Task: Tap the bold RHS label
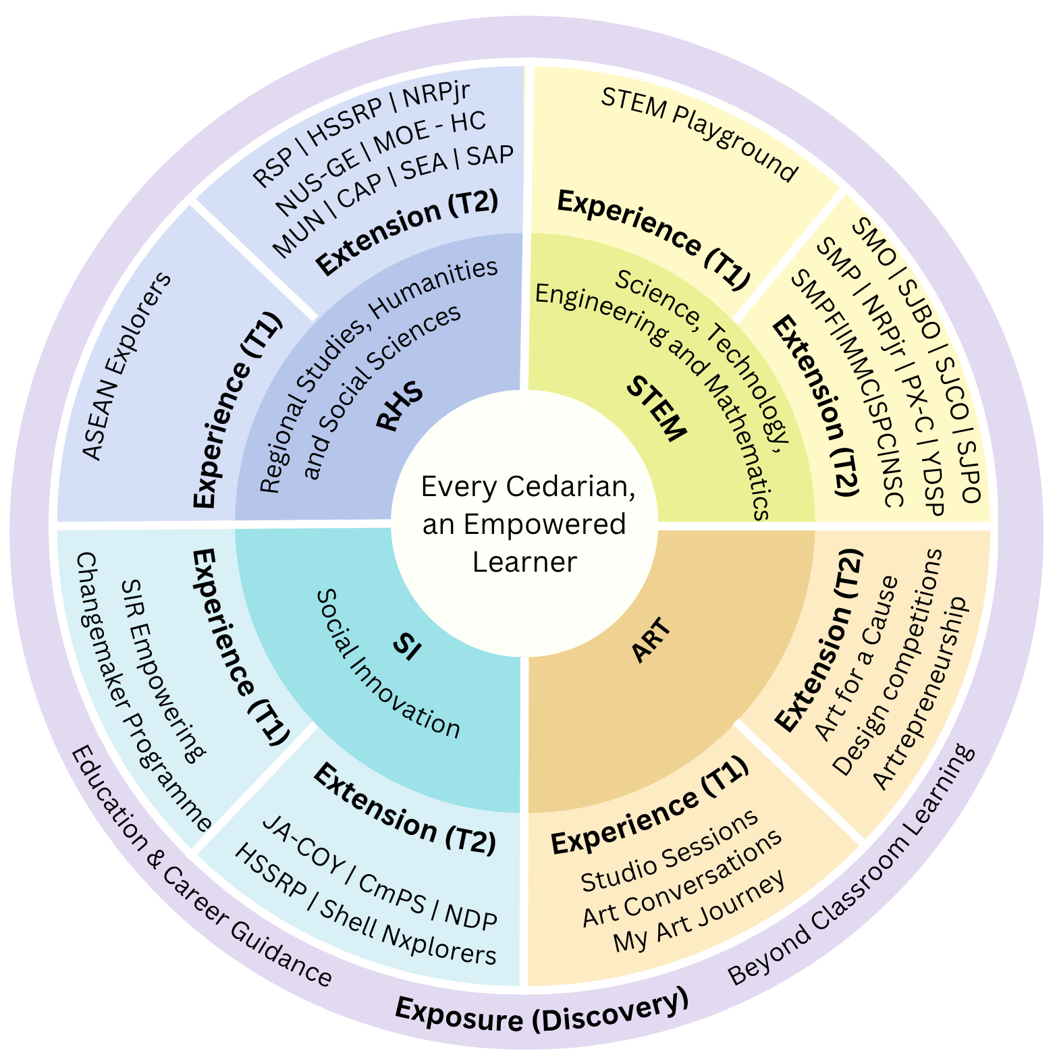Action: (399, 407)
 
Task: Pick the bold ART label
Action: (652, 641)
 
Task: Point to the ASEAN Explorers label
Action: (127, 367)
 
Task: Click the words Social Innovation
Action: (388, 664)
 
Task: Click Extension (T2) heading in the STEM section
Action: (816, 406)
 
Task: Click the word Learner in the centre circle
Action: (524, 562)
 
